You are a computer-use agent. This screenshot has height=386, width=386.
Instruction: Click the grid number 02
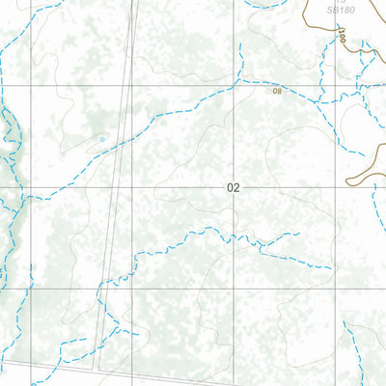[x=233, y=188]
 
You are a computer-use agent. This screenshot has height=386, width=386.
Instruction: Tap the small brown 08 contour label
[x=277, y=92]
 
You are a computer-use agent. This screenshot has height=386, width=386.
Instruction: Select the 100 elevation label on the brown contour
[x=342, y=37]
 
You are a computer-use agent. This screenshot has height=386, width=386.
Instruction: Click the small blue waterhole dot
[x=101, y=139]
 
